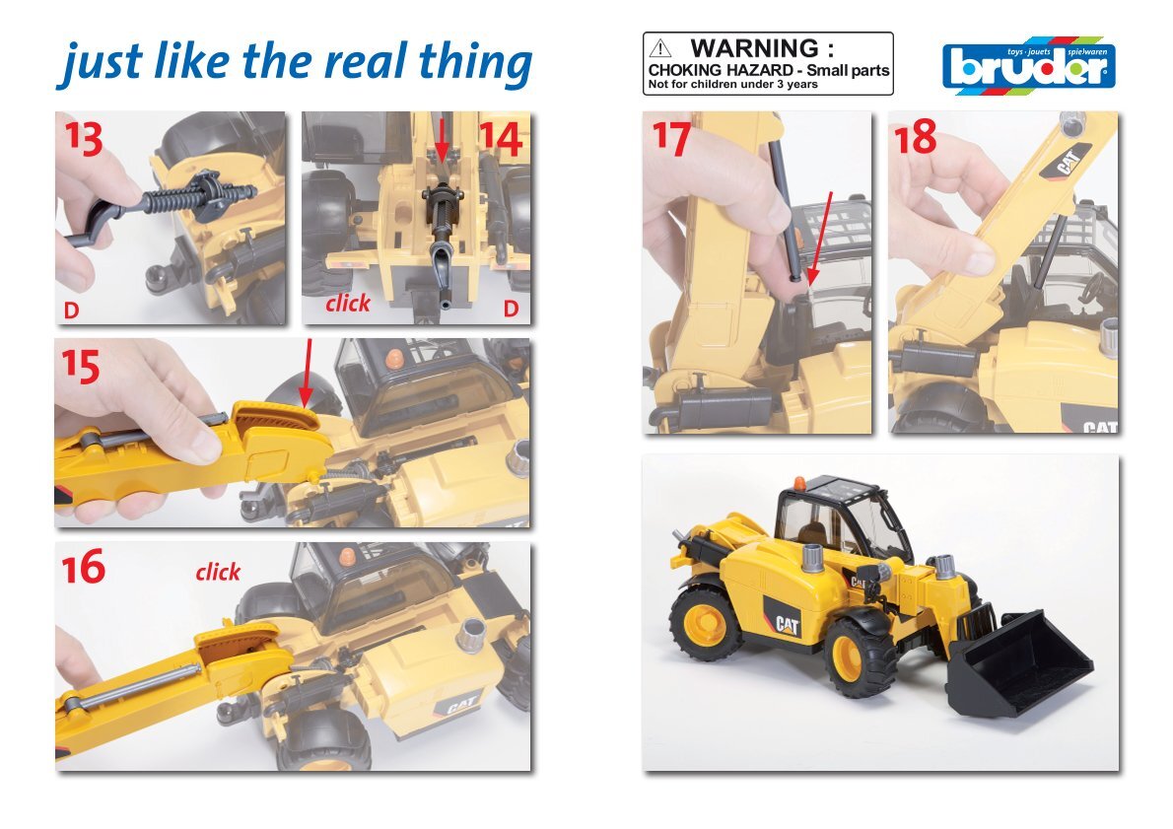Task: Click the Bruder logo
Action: click(x=1029, y=66)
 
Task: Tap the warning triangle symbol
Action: click(x=659, y=49)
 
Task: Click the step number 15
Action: click(x=81, y=367)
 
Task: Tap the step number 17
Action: click(x=671, y=139)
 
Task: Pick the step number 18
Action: click(x=915, y=138)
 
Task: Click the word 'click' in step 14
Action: click(x=348, y=303)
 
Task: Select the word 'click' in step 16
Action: click(x=218, y=573)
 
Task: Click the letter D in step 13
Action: click(x=71, y=310)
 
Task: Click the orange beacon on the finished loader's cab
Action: click(x=799, y=483)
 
